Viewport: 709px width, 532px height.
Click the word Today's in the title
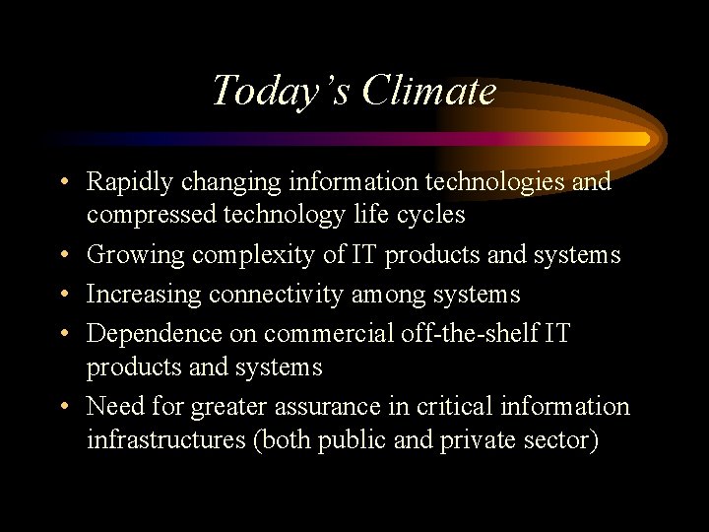click(281, 92)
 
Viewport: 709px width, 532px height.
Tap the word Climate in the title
click(428, 92)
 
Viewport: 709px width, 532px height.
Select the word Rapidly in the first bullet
click(122, 183)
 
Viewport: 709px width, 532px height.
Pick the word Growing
click(135, 256)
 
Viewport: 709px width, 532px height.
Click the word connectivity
click(270, 295)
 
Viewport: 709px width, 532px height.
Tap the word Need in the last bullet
click(113, 406)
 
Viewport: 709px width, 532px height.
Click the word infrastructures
click(166, 439)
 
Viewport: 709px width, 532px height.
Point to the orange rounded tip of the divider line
click(643, 139)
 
